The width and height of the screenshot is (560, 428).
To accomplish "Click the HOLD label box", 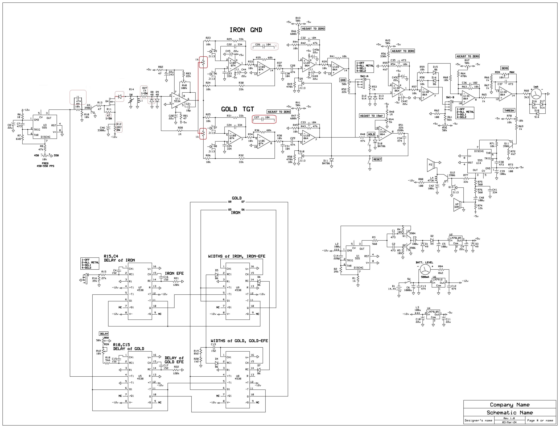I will pos(371,134).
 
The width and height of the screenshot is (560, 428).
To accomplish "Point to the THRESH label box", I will pos(509,110).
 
